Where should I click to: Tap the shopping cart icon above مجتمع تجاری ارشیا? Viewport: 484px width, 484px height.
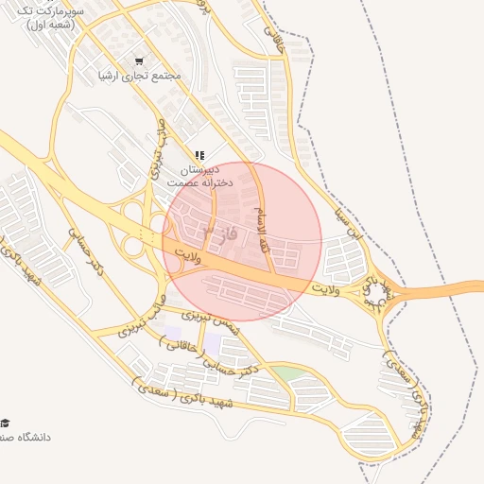140,60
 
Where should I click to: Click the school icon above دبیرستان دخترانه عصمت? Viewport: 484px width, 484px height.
199,155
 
